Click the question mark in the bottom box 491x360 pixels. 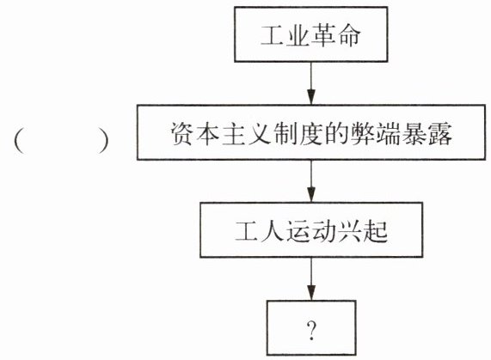[311, 331]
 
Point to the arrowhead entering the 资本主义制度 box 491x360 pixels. [311, 97]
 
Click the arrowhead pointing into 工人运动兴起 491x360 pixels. [311, 194]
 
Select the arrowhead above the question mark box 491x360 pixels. [311, 293]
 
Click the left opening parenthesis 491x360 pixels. [20, 141]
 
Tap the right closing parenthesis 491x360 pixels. [103, 141]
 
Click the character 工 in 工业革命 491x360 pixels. [273, 35]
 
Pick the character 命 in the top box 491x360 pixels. [348, 35]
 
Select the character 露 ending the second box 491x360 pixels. [440, 133]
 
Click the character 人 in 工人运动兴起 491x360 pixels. [273, 231]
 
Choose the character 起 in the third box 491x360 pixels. [376, 231]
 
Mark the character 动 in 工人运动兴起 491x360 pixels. [324, 231]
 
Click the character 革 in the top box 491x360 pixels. [323, 35]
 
